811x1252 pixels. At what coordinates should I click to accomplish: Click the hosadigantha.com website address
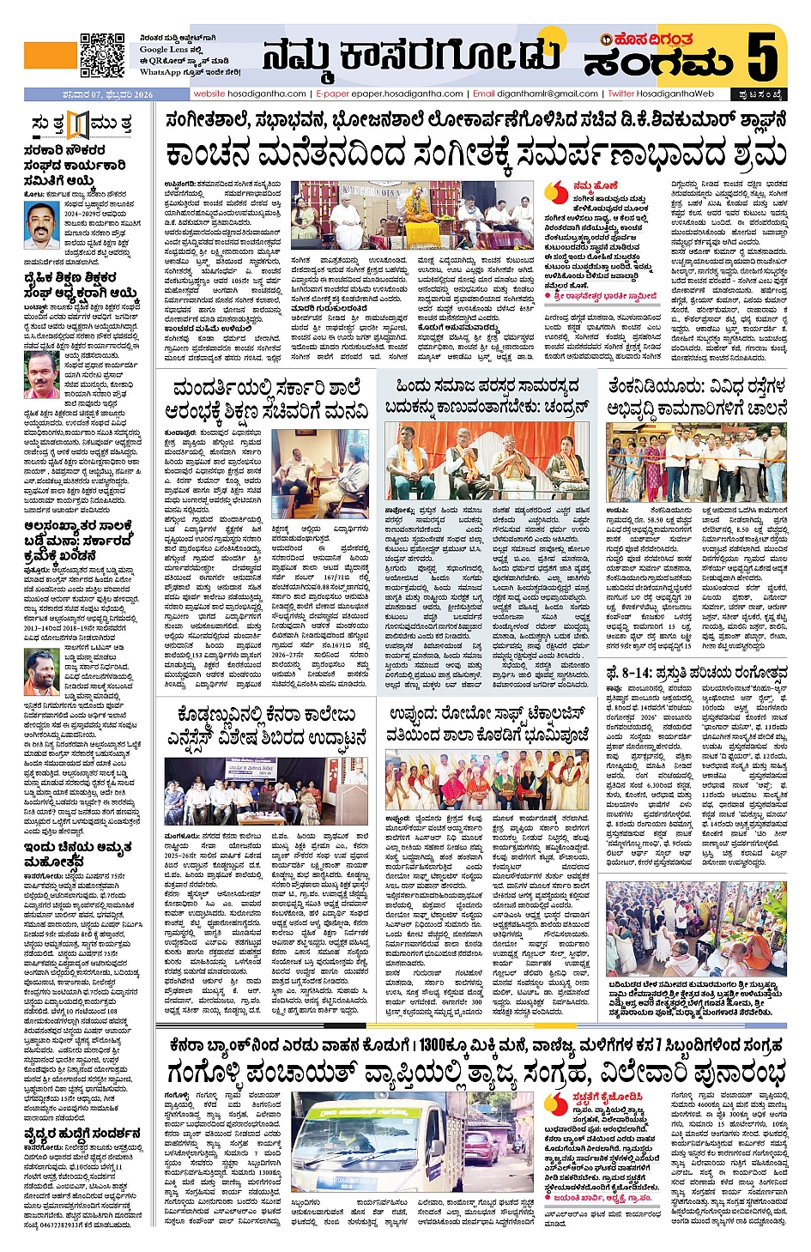[x=250, y=94]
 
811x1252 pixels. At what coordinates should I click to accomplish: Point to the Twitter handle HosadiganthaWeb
[x=662, y=94]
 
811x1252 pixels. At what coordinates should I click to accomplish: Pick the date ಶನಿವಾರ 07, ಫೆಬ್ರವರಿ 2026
[x=89, y=94]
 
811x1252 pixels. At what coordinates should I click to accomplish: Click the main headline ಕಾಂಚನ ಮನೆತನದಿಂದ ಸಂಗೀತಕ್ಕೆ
[x=476, y=154]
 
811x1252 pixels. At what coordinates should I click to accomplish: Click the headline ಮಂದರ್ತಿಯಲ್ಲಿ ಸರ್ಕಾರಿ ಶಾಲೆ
[x=267, y=399]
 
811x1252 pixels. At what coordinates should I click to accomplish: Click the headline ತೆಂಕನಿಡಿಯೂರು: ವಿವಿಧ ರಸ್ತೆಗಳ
[x=696, y=397]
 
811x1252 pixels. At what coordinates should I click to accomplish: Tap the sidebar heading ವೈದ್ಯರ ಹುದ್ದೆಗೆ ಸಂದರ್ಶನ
[x=82, y=1134]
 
